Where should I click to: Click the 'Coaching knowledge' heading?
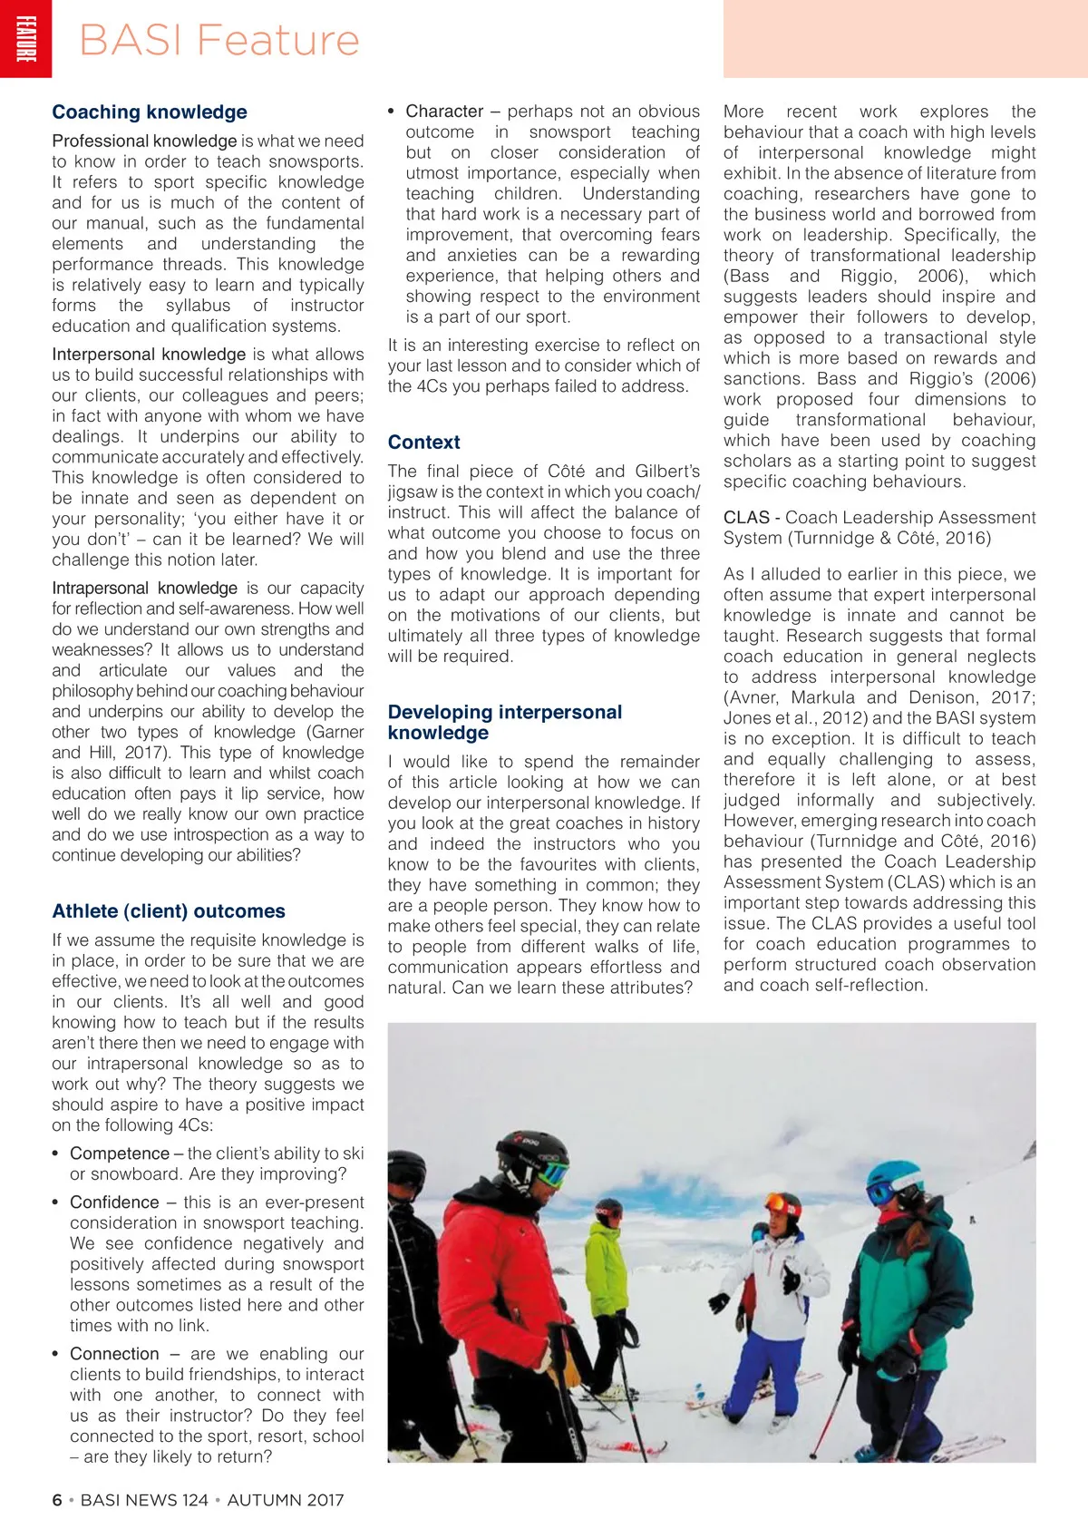[x=150, y=112]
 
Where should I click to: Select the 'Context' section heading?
[x=423, y=443]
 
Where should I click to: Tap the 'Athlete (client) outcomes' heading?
[x=169, y=911]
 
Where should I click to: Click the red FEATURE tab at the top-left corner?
[x=25, y=39]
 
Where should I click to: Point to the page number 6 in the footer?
[x=57, y=1500]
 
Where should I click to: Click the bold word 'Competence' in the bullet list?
[x=120, y=1153]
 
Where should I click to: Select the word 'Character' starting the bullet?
[x=444, y=112]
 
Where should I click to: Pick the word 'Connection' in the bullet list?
[x=114, y=1354]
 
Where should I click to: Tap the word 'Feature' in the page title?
[x=277, y=41]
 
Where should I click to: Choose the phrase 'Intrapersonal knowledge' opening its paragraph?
[x=145, y=589]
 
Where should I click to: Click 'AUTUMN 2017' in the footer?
[x=286, y=1500]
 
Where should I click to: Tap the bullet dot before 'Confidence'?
[x=56, y=1203]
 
